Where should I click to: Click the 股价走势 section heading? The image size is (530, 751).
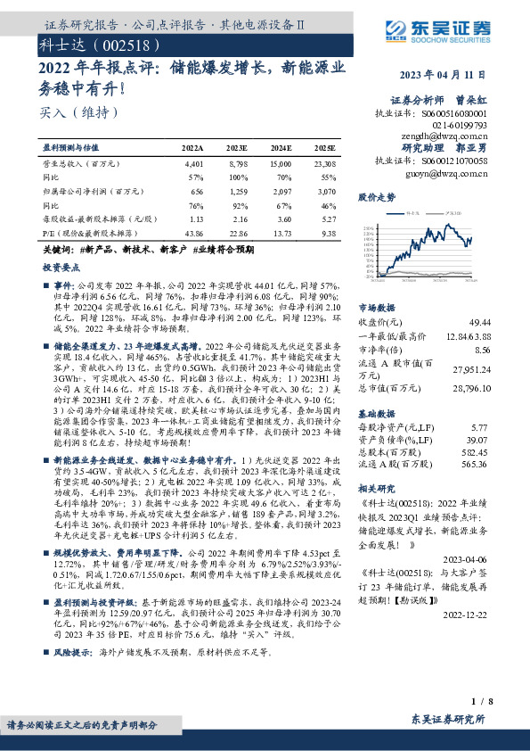(375, 195)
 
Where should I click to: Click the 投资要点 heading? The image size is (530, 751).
(60, 268)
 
